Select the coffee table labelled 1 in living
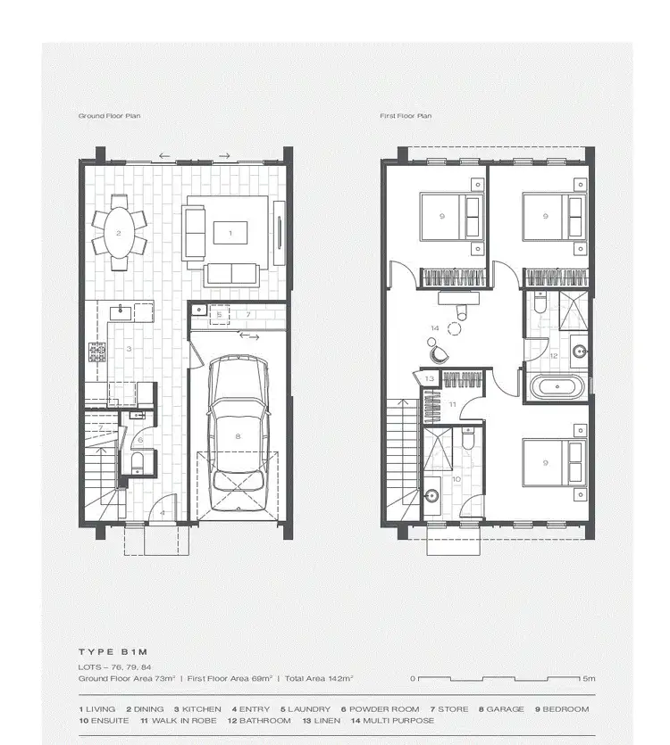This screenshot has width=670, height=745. [x=230, y=233]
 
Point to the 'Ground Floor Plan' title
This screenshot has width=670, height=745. [x=109, y=116]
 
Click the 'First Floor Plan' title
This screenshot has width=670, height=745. [x=406, y=116]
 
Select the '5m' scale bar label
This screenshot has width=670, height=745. [x=589, y=678]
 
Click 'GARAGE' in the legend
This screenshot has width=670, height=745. [x=505, y=709]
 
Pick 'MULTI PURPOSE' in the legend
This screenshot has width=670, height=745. [x=403, y=720]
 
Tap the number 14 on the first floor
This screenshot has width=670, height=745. [x=435, y=328]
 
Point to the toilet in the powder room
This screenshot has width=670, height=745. [x=136, y=460]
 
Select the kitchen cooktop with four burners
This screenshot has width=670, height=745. [x=96, y=352]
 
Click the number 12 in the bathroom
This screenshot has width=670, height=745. [x=553, y=355]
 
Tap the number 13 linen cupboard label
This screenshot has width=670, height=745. [x=430, y=379]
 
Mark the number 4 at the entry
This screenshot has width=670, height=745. [x=162, y=513]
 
